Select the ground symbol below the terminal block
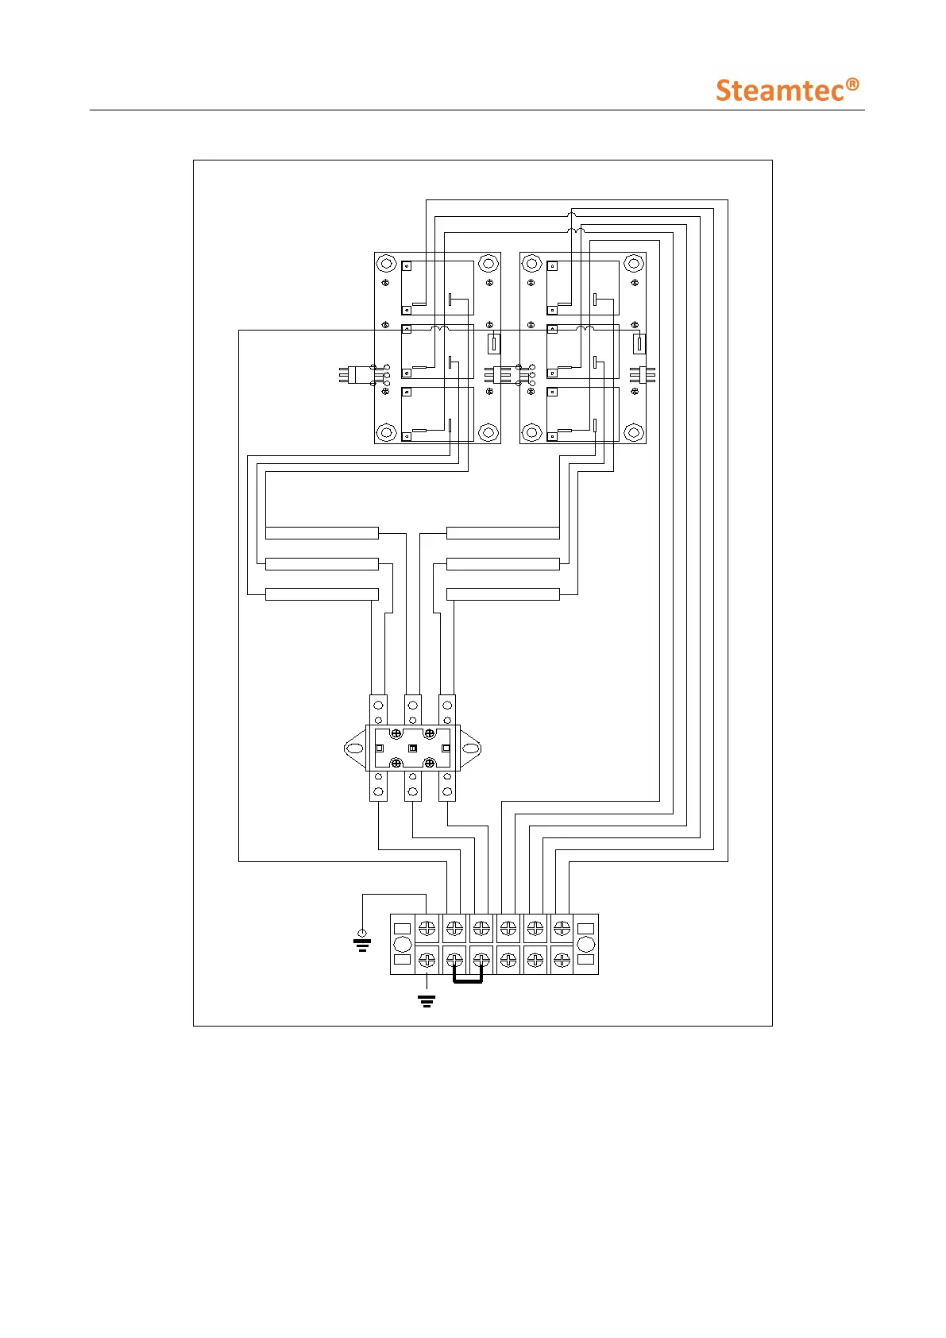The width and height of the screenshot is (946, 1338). [427, 1000]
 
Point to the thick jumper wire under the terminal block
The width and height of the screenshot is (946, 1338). [468, 981]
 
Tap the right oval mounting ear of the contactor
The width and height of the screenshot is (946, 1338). [471, 748]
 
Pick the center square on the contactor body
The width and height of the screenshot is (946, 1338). [412, 748]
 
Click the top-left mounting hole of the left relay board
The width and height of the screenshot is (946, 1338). [386, 263]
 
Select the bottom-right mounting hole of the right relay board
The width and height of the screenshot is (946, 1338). [634, 433]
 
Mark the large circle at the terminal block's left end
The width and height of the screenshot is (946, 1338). [403, 944]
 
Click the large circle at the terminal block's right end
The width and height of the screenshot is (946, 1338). [586, 944]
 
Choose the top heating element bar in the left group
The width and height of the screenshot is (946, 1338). [322, 533]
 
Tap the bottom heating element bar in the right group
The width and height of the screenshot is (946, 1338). [503, 594]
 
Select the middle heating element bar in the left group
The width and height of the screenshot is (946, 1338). [322, 564]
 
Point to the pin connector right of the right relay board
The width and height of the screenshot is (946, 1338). [642, 373]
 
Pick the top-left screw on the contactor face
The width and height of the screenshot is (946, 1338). [396, 733]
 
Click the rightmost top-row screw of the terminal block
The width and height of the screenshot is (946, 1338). [562, 927]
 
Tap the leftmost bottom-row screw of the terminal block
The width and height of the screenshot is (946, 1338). [427, 960]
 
